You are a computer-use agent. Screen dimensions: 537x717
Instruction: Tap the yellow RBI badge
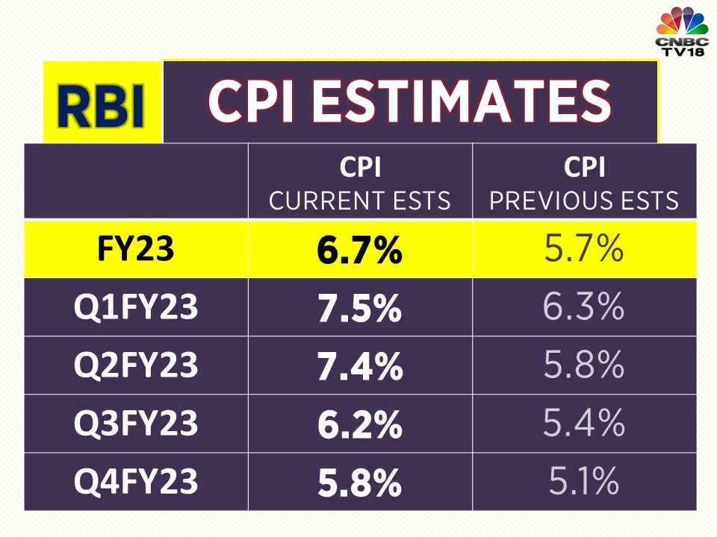pyautogui.click(x=102, y=102)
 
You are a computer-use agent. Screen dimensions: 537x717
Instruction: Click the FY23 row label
pyautogui.click(x=136, y=250)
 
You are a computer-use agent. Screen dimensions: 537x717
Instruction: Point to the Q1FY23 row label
pyautogui.click(x=136, y=307)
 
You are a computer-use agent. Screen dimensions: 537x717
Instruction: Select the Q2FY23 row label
pyautogui.click(x=136, y=365)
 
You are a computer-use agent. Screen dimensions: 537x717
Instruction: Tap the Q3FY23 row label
pyautogui.click(x=136, y=424)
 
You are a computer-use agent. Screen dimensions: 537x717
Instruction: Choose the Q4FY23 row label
pyautogui.click(x=136, y=482)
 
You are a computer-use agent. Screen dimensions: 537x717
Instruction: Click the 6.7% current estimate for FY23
pyautogui.click(x=359, y=251)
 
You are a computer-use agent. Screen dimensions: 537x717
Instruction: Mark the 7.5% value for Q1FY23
pyautogui.click(x=359, y=309)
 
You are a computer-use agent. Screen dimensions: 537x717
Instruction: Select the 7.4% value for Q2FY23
pyautogui.click(x=359, y=366)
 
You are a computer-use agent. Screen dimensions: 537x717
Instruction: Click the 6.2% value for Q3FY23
pyautogui.click(x=359, y=424)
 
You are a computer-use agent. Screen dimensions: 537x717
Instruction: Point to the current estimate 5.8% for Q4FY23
pyautogui.click(x=359, y=483)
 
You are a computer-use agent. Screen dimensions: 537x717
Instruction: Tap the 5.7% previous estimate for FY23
pyautogui.click(x=584, y=250)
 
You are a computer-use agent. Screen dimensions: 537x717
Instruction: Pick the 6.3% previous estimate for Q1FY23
pyautogui.click(x=584, y=307)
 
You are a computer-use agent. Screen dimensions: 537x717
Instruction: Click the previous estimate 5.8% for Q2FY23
pyautogui.click(x=584, y=365)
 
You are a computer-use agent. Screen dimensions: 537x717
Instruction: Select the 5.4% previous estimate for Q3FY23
pyautogui.click(x=584, y=424)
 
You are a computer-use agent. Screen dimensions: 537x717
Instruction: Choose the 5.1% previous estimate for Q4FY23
pyautogui.click(x=584, y=482)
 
